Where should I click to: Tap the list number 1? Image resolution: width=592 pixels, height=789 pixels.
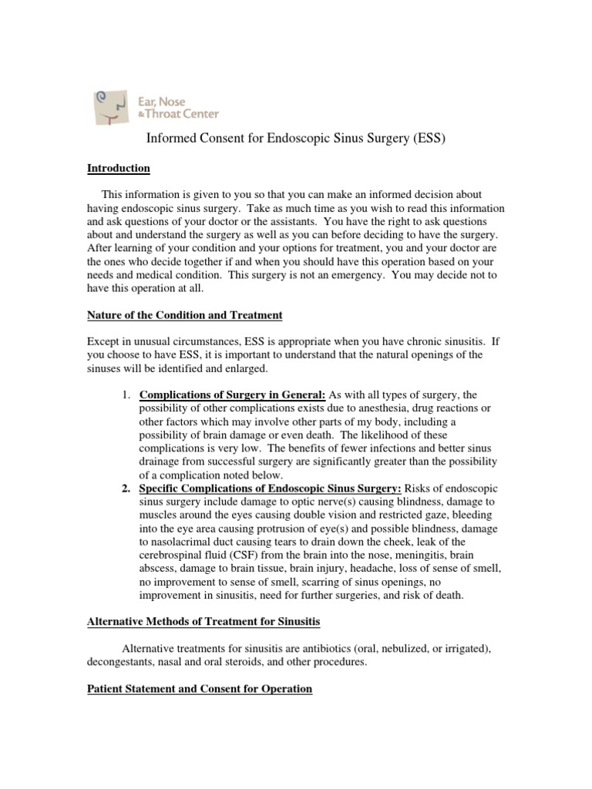(127, 394)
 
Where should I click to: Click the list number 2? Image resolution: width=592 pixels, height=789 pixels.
(127, 489)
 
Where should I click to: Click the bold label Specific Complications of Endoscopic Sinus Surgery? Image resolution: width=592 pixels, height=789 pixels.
(270, 489)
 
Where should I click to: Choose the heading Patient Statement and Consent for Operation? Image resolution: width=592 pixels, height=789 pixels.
(199, 689)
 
